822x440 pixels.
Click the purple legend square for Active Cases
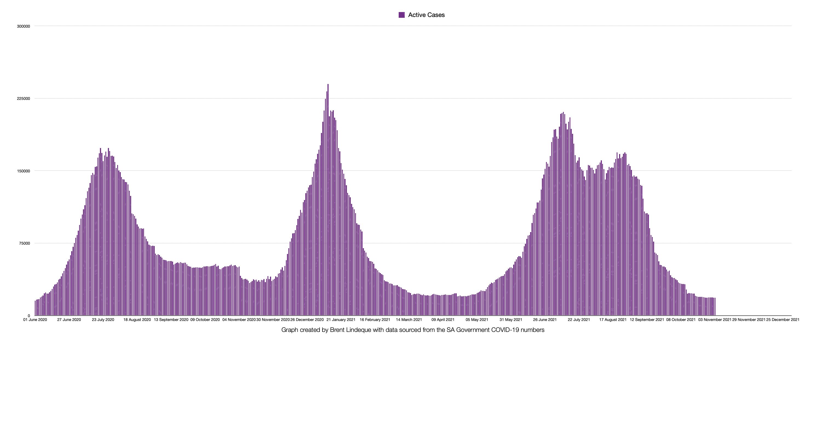(x=401, y=15)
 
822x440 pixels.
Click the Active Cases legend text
(x=426, y=15)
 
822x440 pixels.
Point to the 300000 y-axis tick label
(x=23, y=27)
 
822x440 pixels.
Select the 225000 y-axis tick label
(x=23, y=99)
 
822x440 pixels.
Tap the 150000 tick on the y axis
(x=23, y=171)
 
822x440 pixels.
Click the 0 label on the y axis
(x=29, y=316)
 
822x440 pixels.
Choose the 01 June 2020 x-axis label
(x=35, y=320)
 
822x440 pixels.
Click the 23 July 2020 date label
(x=103, y=320)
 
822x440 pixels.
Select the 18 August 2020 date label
(x=137, y=320)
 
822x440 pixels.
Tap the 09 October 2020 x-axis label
(x=205, y=320)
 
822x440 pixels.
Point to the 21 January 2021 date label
(x=341, y=320)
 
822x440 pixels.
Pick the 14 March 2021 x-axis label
(x=409, y=320)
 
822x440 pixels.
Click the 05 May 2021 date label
(x=477, y=320)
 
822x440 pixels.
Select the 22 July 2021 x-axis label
(x=579, y=320)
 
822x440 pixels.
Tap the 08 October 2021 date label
(x=681, y=320)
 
